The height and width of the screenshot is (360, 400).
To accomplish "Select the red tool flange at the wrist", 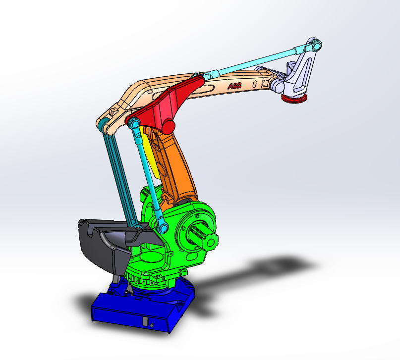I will (x=293, y=100).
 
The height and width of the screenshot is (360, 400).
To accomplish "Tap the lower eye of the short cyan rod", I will (x=163, y=227).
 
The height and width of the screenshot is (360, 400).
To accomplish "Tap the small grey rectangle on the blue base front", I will (x=145, y=321).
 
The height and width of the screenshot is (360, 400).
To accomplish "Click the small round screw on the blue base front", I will (x=153, y=325).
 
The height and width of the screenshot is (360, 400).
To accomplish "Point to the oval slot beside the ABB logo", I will (x=254, y=84).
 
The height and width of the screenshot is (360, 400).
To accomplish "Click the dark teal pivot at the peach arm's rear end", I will (x=102, y=124).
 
